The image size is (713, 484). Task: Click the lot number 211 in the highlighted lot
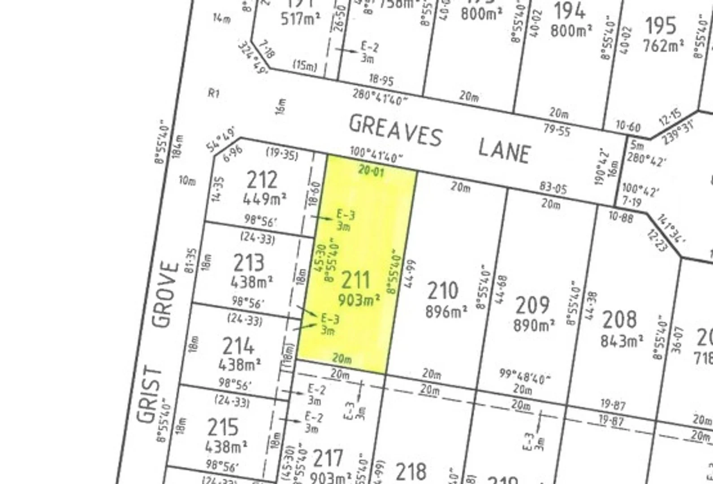(x=356, y=281)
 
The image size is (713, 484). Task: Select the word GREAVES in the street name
(x=396, y=130)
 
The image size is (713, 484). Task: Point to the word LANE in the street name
(x=504, y=150)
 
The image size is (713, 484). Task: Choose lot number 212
(x=263, y=180)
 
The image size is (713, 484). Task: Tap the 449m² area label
(x=264, y=199)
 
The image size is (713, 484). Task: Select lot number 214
(x=238, y=346)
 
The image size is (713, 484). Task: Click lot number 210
(x=443, y=291)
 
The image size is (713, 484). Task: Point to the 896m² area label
(x=446, y=311)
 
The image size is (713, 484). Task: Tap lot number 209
(x=532, y=306)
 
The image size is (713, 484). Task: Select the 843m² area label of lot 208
(x=622, y=341)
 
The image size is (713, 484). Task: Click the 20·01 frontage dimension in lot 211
(x=371, y=171)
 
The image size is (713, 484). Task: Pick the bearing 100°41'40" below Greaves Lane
(x=376, y=155)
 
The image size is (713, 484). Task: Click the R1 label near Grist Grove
(x=214, y=94)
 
